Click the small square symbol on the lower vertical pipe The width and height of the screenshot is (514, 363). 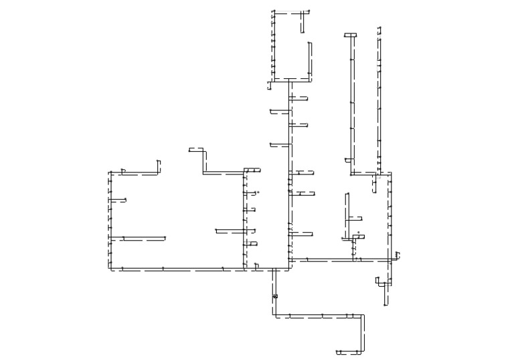pos(275,295)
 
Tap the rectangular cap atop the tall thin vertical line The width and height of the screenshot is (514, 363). pos(351,35)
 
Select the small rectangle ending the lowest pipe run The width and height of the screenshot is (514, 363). pos(339,352)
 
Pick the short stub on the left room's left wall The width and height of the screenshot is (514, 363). pos(118,200)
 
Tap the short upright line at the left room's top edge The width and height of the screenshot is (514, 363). pos(159,166)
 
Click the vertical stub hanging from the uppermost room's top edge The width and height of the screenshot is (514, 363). pos(303,21)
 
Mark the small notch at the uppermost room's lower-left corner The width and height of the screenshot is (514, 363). pos(270,85)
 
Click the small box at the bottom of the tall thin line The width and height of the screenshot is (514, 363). pos(348,160)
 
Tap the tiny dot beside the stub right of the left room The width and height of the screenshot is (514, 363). pos(258,192)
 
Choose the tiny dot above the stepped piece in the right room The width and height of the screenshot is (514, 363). pos(358,232)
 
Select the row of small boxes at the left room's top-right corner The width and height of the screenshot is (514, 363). pos(252,170)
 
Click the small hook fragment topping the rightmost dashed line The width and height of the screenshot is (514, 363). pos(379,29)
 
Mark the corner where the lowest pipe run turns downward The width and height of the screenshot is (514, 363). pos(363,316)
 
